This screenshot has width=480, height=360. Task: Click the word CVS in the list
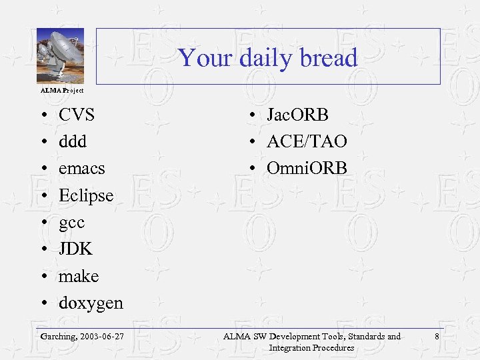click(77, 115)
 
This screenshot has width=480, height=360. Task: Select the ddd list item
click(72, 141)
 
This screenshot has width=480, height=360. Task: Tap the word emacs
click(81, 169)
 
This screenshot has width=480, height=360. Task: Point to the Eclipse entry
click(86, 196)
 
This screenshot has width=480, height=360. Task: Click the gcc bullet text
click(72, 223)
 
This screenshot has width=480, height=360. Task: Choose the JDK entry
click(75, 249)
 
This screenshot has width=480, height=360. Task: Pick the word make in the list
click(79, 276)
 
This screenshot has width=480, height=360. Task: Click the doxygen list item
click(91, 303)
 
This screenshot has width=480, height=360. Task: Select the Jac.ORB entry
click(297, 115)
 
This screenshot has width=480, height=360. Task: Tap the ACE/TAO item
click(307, 141)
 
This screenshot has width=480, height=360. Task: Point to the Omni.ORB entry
click(307, 169)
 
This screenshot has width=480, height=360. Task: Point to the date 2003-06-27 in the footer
click(101, 337)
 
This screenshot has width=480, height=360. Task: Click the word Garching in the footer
click(57, 337)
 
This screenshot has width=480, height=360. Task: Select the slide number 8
click(436, 337)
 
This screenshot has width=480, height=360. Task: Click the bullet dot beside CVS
click(43, 115)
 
